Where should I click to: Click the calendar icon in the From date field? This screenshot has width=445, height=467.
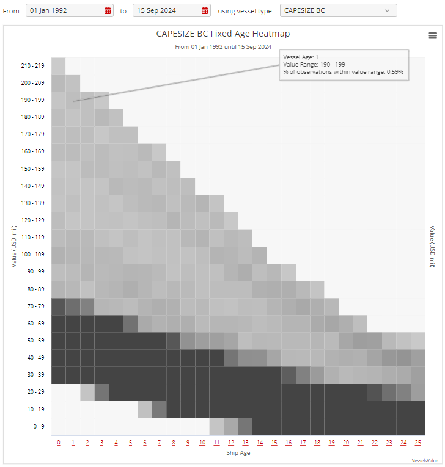(x=108, y=10)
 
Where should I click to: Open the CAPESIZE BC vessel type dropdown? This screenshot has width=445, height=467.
(x=338, y=10)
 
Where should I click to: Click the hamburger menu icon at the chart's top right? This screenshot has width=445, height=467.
(x=433, y=35)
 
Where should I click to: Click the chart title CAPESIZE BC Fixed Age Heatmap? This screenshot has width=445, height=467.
(x=223, y=34)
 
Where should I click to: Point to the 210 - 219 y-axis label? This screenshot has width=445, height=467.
(x=33, y=65)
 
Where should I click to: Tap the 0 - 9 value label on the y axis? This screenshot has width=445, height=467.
(x=38, y=426)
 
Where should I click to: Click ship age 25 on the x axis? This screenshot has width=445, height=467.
(x=418, y=442)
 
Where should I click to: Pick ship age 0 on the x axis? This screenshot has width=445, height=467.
(x=59, y=442)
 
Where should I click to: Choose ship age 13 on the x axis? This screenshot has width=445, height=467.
(x=245, y=442)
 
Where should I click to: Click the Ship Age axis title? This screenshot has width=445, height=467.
(x=238, y=452)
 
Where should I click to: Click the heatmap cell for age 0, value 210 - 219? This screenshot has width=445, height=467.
(x=59, y=65)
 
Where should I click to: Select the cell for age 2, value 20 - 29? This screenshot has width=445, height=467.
(x=87, y=391)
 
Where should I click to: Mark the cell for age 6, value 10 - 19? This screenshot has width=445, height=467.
(x=145, y=408)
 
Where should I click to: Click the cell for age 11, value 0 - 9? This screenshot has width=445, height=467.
(x=216, y=425)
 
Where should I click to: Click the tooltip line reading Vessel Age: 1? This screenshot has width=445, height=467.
(x=301, y=57)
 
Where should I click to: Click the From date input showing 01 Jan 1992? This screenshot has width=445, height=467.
(x=64, y=10)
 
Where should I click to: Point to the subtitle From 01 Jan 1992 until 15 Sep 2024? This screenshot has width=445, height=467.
(x=223, y=46)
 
